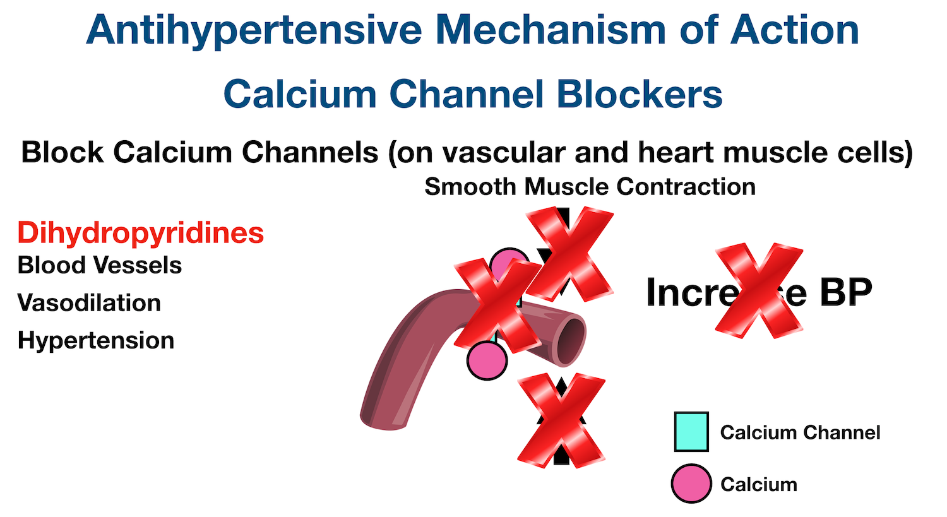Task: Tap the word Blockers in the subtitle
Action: coord(639,94)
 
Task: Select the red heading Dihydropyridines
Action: coord(140,232)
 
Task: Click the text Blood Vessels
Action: coord(100,265)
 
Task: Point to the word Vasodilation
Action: coord(89,303)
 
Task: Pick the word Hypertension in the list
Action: coord(96,340)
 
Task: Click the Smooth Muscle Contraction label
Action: coord(590,187)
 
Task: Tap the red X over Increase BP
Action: coord(758,290)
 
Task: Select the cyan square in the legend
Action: coord(691,432)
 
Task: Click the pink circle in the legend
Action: coord(691,484)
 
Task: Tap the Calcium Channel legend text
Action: coord(800,432)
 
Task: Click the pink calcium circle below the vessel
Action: coord(487,361)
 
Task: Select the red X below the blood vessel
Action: coord(561,419)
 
